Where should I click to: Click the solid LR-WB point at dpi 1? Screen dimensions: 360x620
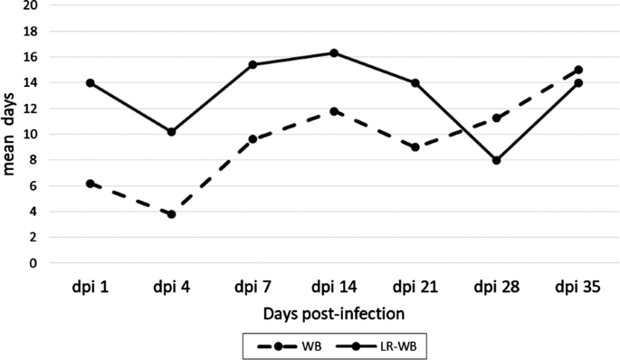click(x=91, y=82)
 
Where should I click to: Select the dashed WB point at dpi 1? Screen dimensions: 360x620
click(x=91, y=184)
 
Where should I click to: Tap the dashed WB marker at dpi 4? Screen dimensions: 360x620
click(x=171, y=214)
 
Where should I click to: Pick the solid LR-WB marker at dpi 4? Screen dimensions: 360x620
click(x=171, y=132)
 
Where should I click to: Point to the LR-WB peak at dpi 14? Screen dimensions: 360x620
click(x=333, y=52)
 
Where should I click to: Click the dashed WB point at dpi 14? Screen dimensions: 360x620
click(x=333, y=111)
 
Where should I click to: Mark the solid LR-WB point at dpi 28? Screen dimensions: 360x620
click(x=495, y=160)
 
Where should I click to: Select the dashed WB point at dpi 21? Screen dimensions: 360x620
click(x=415, y=147)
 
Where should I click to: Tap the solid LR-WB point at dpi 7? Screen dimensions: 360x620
click(x=253, y=64)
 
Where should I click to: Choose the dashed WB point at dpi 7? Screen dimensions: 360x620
click(x=253, y=139)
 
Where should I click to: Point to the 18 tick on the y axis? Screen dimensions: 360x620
click(x=33, y=31)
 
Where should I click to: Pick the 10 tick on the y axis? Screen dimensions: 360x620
click(x=33, y=135)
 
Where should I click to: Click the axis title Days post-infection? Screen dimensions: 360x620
click(x=334, y=314)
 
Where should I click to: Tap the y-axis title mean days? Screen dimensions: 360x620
click(x=10, y=134)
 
